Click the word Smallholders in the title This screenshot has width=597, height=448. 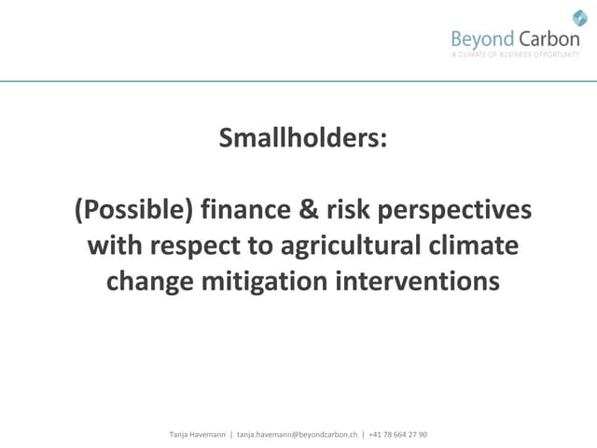(299, 139)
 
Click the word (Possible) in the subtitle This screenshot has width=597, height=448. (134, 211)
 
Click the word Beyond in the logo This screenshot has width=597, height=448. (482, 39)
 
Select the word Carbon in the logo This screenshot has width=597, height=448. (550, 39)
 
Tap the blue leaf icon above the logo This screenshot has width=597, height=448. (579, 17)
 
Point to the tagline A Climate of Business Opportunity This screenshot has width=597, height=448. (515, 55)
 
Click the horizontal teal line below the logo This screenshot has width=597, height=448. (298, 81)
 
